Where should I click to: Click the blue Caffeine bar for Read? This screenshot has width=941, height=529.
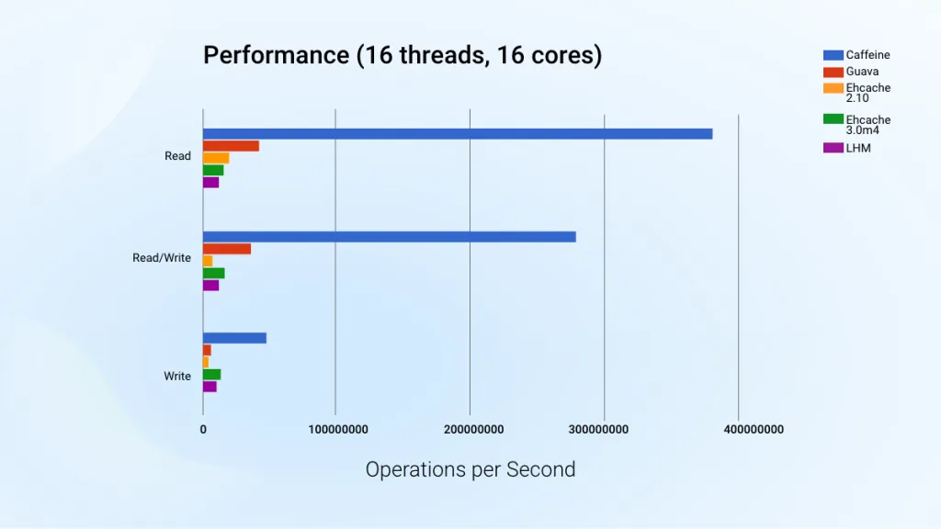pos(457,134)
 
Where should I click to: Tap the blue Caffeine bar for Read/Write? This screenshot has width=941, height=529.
pos(389,237)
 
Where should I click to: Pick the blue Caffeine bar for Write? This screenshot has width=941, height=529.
pos(234,338)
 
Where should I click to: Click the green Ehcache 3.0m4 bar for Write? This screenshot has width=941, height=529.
pos(211,375)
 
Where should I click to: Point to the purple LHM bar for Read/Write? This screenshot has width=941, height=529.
pos(210,286)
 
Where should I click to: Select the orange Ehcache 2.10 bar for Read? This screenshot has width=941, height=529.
pos(216,158)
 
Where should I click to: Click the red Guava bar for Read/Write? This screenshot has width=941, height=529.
pos(226,249)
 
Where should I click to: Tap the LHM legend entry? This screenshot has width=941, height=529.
pos(857,148)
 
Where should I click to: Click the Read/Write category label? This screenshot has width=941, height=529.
pos(162,258)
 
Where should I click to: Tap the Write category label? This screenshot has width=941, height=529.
pos(177,377)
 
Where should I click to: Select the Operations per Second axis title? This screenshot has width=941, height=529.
pos(470,470)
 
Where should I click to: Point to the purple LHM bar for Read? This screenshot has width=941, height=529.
pos(210,182)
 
